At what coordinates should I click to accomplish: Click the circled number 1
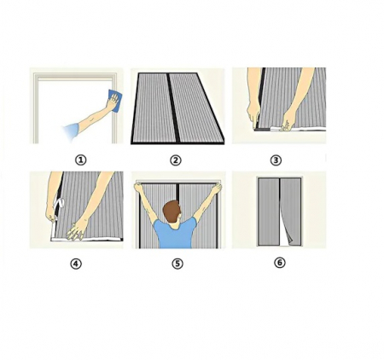pyautogui.click(x=80, y=160)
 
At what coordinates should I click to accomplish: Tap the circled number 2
pyautogui.click(x=176, y=160)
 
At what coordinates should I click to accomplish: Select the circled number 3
pyautogui.click(x=276, y=160)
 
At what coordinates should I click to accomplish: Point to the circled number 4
pyautogui.click(x=76, y=264)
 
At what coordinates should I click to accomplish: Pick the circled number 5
pyautogui.click(x=177, y=264)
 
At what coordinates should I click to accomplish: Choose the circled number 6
pyautogui.click(x=279, y=263)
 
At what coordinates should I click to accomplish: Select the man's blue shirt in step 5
pyautogui.click(x=177, y=233)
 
